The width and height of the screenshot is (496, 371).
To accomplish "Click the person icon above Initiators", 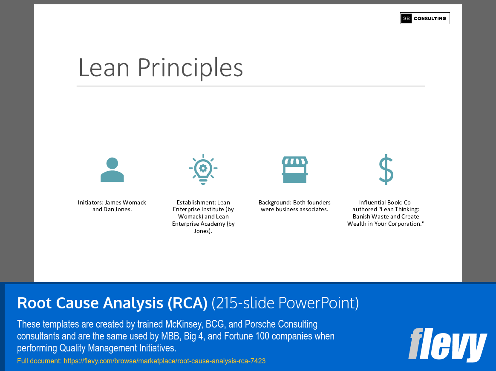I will [112, 170].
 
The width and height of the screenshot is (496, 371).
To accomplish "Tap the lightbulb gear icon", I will [203, 169].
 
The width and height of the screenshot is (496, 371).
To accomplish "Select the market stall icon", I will [294, 170].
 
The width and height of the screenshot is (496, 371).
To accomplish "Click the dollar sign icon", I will [386, 170].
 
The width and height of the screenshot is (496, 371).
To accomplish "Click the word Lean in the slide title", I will [104, 68].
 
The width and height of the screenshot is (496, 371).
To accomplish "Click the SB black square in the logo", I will [406, 18].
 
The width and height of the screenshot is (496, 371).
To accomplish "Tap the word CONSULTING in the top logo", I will [430, 18].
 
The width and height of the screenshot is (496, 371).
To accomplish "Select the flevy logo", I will [447, 345].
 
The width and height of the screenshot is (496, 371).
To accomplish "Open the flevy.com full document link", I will [164, 361].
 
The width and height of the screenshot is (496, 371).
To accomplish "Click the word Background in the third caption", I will [275, 202].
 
